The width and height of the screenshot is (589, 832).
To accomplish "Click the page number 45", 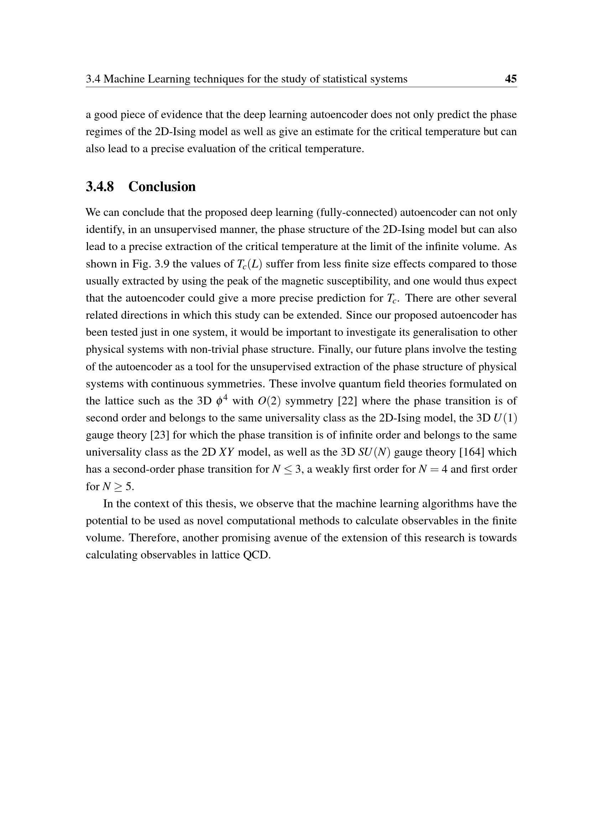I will coord(511,79).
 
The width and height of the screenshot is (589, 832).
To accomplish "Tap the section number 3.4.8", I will coord(100,187).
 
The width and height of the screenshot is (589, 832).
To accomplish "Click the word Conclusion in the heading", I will coord(162,187).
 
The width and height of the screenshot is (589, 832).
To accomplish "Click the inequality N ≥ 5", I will coord(118,487).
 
